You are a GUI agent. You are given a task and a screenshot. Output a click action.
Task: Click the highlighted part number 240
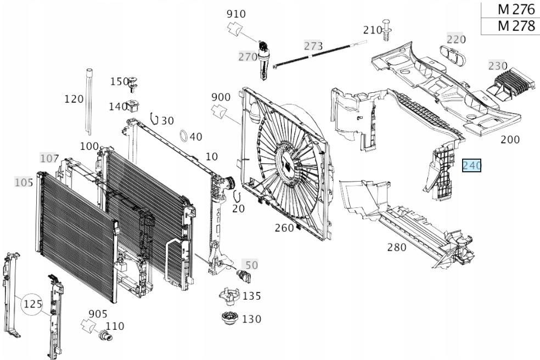click(x=471, y=165)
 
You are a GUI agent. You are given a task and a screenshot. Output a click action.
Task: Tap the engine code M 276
click(x=516, y=10)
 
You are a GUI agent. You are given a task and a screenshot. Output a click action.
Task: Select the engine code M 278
click(x=516, y=26)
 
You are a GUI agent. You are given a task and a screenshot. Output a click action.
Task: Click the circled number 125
click(x=33, y=304)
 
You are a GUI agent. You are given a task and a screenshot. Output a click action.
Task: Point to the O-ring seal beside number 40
click(x=184, y=136)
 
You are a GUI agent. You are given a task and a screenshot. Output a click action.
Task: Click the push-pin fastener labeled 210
click(x=387, y=30)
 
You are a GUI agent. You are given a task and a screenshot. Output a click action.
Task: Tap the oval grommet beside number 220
click(x=453, y=55)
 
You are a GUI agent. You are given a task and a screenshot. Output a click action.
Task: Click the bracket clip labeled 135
click(x=229, y=296)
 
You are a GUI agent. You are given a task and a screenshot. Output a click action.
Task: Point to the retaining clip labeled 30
click(x=154, y=118)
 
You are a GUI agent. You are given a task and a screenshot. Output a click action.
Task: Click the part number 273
click(x=313, y=46)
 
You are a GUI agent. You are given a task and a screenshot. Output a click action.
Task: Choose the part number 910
click(x=236, y=14)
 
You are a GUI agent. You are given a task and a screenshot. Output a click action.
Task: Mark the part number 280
click(x=397, y=247)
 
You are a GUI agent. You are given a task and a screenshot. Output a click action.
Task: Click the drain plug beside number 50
click(x=243, y=276)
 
